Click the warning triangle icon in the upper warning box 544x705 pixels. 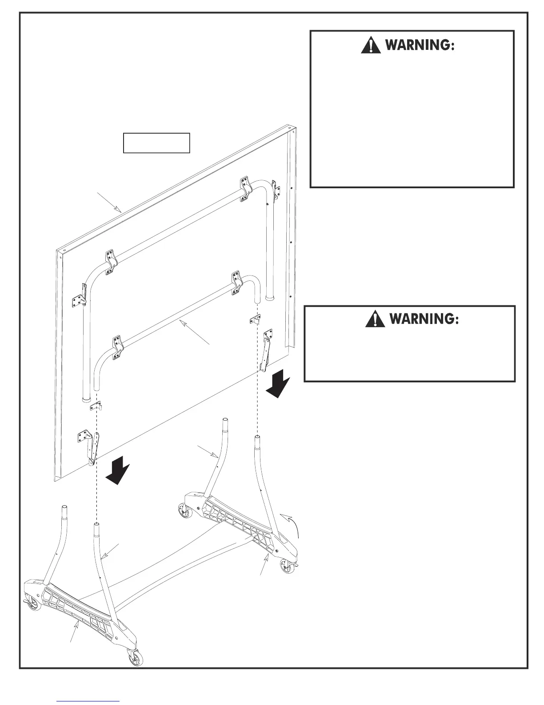(371, 45)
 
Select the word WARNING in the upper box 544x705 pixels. (420, 45)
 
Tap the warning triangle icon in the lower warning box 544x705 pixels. (375, 319)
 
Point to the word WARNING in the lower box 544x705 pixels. (424, 319)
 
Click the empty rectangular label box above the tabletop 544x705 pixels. (156, 143)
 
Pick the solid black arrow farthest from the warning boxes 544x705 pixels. (118, 473)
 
